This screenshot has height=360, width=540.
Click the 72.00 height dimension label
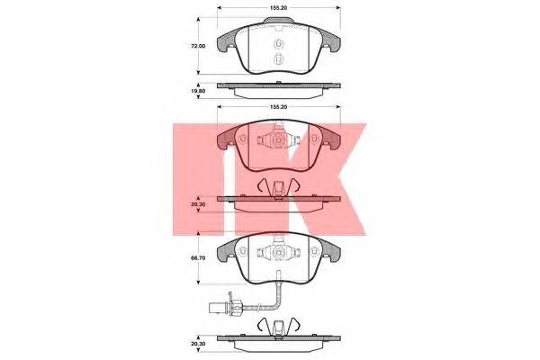199,46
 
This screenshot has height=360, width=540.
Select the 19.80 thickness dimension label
199,91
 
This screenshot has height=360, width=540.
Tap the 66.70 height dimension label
199,257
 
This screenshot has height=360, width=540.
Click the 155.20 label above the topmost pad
279,7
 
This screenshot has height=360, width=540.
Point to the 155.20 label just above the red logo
279,107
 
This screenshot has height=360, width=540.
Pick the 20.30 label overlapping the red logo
199,204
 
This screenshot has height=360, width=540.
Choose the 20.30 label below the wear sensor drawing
199,344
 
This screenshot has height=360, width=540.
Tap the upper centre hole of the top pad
278,44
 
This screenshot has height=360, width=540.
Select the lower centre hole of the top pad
278,59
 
